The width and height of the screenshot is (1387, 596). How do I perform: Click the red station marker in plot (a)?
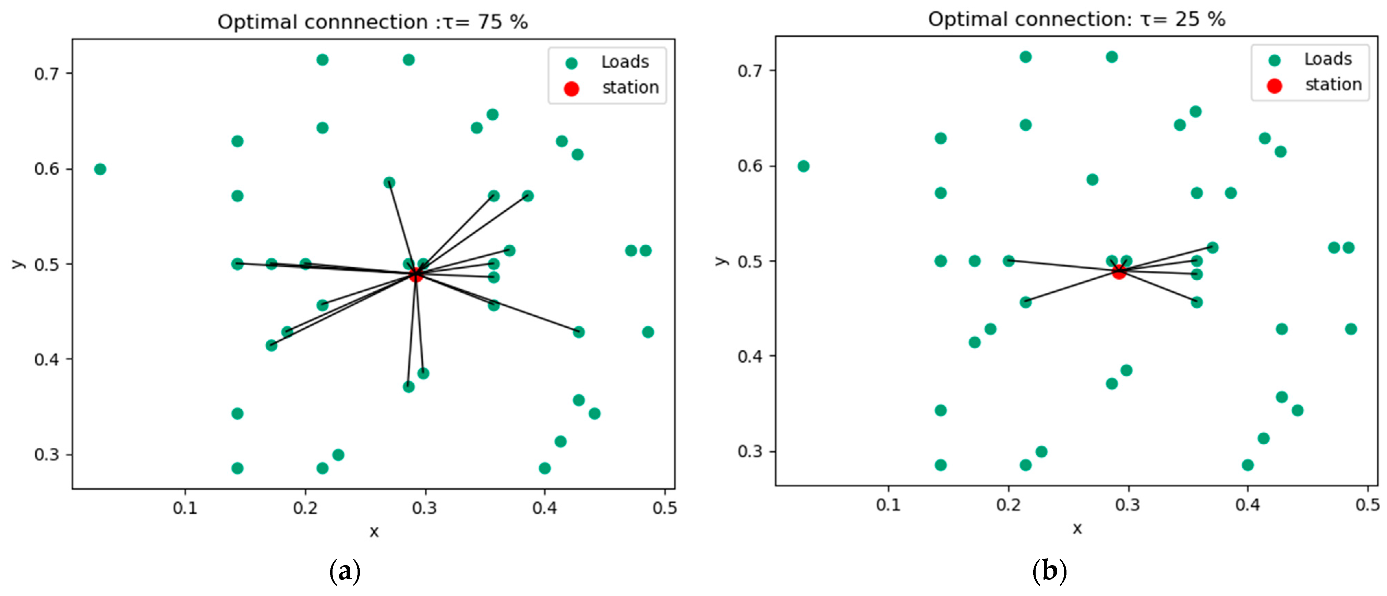[415, 274]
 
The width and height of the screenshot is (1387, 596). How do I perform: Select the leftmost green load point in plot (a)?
[100, 169]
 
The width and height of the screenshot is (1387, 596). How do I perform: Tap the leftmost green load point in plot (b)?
[803, 166]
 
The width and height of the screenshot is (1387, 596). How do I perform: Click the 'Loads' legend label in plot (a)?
[625, 62]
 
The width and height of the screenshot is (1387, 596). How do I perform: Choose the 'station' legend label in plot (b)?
[1333, 85]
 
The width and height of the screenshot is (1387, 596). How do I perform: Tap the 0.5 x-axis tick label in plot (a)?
[664, 508]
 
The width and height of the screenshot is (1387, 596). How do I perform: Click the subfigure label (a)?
[345, 571]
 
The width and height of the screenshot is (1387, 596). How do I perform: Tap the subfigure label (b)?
[1049, 571]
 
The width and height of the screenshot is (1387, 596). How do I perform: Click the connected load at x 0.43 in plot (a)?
[578, 332]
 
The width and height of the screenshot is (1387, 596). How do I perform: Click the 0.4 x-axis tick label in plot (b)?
[1247, 505]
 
